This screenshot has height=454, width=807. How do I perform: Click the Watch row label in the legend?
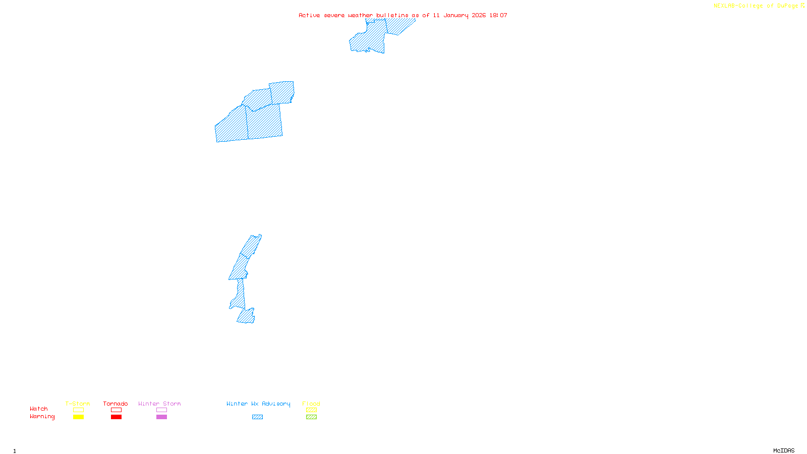point(39,409)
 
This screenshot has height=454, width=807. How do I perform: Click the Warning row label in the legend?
point(42,417)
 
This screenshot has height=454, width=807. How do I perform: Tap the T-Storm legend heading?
point(78,404)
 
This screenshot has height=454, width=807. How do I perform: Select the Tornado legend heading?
point(116,404)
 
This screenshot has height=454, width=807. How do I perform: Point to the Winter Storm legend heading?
point(159,404)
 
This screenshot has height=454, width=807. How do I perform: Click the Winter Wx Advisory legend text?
point(258,404)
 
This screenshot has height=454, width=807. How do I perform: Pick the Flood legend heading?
point(311,404)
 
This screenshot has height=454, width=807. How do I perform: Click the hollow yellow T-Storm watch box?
point(78,410)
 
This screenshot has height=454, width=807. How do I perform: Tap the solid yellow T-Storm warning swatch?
point(78,417)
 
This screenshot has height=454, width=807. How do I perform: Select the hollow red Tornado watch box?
point(116,410)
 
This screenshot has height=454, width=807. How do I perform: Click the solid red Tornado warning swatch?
point(116,417)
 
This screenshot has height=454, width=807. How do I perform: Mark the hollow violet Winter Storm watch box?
point(161,410)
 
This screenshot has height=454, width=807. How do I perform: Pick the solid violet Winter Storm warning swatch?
point(161,417)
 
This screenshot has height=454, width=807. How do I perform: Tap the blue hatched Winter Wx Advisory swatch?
point(257,417)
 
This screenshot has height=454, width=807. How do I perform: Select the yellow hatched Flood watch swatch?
point(311,410)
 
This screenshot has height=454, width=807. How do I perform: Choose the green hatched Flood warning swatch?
point(311,417)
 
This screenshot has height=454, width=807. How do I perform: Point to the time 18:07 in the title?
point(498,15)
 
